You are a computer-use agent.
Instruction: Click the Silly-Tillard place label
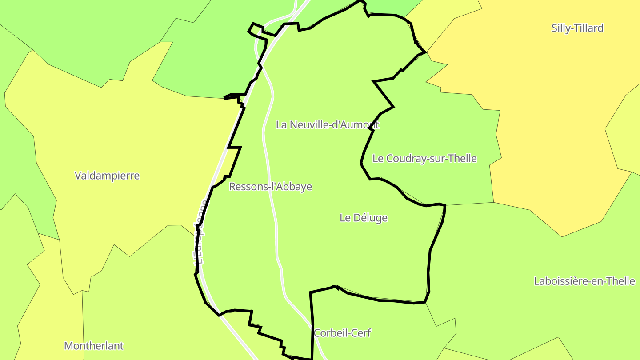coord(577,28)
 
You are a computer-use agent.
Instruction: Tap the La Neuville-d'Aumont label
coord(327,124)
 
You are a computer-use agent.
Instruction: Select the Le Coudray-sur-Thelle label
coord(424,158)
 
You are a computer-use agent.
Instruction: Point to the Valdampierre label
coord(107,176)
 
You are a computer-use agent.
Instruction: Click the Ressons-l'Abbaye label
coord(270,187)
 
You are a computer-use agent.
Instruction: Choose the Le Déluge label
coord(363,218)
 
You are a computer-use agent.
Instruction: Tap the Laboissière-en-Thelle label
coord(584,281)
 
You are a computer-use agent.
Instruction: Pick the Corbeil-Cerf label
coord(342,333)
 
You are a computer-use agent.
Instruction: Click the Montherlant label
coord(94,346)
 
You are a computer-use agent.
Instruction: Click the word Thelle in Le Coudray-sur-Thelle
coord(463,158)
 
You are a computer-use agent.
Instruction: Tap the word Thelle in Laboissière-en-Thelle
coord(621,281)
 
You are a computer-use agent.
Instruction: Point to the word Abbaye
coord(296,187)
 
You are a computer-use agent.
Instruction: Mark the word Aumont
coord(360,124)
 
